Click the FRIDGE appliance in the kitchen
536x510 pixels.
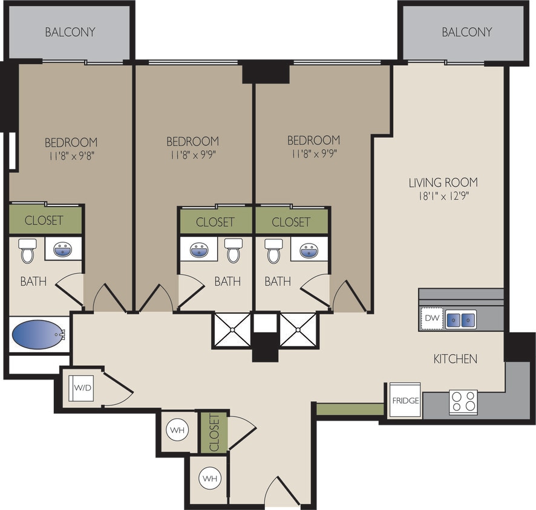click(x=405, y=400)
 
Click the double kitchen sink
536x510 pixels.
click(x=461, y=319)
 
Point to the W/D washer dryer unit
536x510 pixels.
click(x=83, y=387)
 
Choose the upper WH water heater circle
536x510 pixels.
click(x=177, y=430)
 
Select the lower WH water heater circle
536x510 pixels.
click(x=209, y=479)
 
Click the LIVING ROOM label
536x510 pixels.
click(x=443, y=182)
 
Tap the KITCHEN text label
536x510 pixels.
click(x=455, y=359)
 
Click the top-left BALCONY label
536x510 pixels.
click(x=70, y=32)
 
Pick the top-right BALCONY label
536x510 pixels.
click(x=466, y=32)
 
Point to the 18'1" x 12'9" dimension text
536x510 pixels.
click(x=443, y=196)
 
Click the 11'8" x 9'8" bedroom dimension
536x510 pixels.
click(x=71, y=156)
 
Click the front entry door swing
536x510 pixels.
click(x=281, y=491)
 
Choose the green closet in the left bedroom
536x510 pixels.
click(x=45, y=220)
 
